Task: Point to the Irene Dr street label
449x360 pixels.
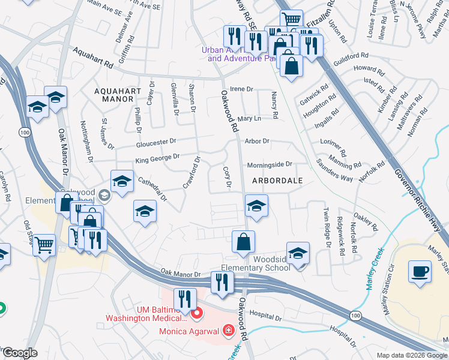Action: pos(242,89)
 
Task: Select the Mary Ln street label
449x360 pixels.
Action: pos(249,119)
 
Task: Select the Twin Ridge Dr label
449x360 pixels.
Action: pos(328,228)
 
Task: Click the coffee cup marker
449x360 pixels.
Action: pos(420,271)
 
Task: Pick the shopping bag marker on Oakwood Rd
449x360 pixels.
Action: pos(244,242)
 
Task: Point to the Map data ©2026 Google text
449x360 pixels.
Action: pos(412,355)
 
